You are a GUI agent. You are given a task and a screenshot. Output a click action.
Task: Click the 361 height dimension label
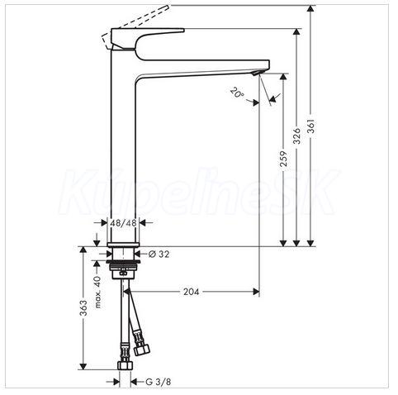[310, 126]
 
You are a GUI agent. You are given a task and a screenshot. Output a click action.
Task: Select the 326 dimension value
[296, 136]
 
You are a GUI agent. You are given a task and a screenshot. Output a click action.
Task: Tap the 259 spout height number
[283, 159]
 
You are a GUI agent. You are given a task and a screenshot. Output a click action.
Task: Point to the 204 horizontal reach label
[191, 292]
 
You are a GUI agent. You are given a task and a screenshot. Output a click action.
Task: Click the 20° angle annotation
[237, 93]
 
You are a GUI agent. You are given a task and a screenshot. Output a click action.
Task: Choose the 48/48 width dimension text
[123, 222]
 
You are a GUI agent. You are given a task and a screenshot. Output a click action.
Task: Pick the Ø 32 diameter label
[159, 254]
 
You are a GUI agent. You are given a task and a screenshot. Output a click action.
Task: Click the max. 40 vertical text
[97, 292]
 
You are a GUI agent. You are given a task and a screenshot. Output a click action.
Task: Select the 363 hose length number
[83, 308]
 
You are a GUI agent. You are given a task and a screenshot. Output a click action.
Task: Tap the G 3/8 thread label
[158, 382]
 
